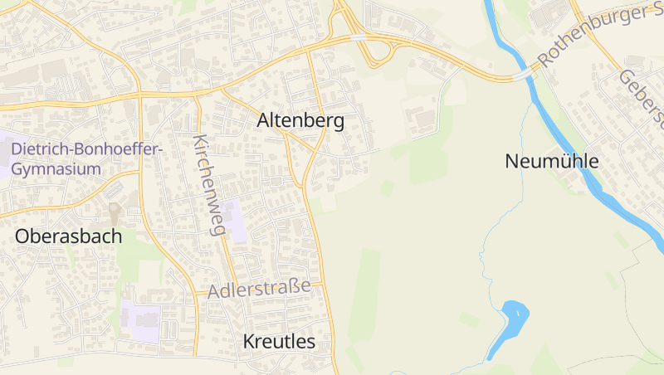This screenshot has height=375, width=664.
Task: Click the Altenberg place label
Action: [x=300, y=120]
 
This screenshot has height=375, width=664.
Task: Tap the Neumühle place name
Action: [x=551, y=161]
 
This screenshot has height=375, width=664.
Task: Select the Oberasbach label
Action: [x=68, y=236]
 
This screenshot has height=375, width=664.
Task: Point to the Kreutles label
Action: [x=279, y=341]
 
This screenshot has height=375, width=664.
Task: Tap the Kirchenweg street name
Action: [x=209, y=184]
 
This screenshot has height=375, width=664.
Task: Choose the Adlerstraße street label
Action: [x=259, y=290]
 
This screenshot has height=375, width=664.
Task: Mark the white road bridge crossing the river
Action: [x=523, y=75]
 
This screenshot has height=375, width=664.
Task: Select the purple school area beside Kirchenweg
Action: [x=237, y=220]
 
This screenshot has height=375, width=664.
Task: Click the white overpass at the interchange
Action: [x=357, y=37]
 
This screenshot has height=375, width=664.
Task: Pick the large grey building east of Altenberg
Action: [x=423, y=120]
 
